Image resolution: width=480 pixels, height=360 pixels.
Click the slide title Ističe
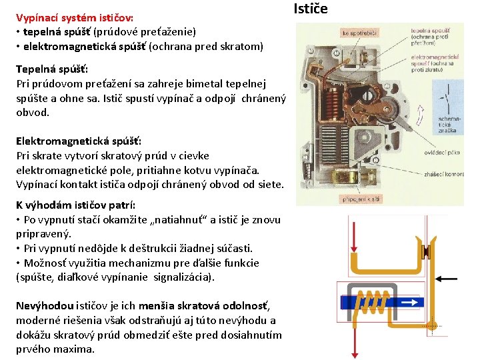pyautogui.click(x=311, y=9)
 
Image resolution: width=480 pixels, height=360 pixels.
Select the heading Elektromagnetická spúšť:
pyautogui.click(x=79, y=141)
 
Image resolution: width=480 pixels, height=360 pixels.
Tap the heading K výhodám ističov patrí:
pyautogui.click(x=75, y=205)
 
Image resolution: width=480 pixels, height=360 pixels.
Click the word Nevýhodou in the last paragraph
pyautogui.click(x=43, y=305)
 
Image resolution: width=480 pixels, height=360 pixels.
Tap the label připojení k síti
pyautogui.click(x=361, y=199)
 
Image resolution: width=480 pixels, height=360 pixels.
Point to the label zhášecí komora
pyautogui.click(x=443, y=174)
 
